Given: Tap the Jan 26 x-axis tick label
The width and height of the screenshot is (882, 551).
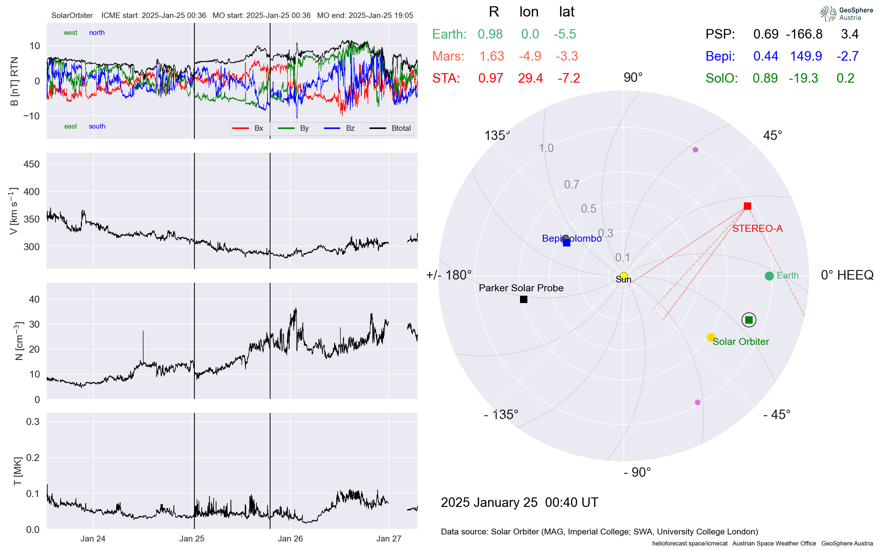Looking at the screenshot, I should click(x=290, y=539).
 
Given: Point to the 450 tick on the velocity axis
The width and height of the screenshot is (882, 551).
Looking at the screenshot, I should click(x=31, y=164).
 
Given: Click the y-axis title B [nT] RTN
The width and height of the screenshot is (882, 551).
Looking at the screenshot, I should click(x=14, y=81).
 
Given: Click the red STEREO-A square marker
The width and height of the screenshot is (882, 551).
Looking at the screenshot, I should click(x=747, y=206).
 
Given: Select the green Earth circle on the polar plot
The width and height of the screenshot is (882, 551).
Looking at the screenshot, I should click(x=769, y=276).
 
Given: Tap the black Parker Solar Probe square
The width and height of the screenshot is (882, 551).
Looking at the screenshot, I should click(x=524, y=299).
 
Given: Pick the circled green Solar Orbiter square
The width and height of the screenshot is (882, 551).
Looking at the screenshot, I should click(x=749, y=320).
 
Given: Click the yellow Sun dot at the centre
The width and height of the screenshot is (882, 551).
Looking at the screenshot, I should click(x=624, y=276).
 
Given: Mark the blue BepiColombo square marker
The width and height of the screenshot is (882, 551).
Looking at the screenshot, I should click(x=567, y=242).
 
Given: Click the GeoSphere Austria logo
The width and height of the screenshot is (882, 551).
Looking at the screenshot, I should click(x=846, y=14).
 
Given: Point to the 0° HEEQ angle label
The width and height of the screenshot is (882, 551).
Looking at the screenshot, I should click(x=847, y=275).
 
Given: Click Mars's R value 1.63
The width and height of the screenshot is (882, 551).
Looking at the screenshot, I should click(x=492, y=56).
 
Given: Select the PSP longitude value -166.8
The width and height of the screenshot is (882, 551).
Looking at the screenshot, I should click(x=804, y=34).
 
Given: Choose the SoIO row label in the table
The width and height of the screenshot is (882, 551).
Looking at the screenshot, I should click(x=721, y=78).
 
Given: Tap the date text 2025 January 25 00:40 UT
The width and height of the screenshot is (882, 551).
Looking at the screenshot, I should click(x=519, y=502).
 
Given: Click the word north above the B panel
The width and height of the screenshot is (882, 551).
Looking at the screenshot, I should click(x=97, y=33).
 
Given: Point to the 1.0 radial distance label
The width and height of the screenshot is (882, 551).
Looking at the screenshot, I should click(x=546, y=148).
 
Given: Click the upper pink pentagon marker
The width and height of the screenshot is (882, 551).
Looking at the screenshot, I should click(x=695, y=150).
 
